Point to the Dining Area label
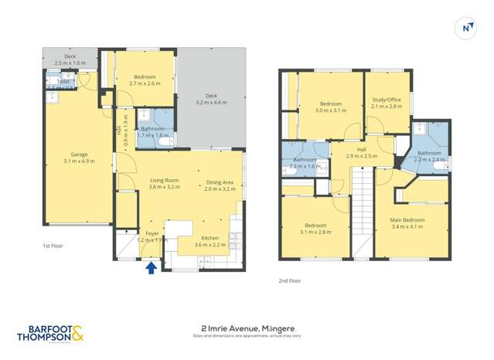pos(220,182)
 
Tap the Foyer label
pos(152,233)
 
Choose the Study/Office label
pos(387,99)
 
